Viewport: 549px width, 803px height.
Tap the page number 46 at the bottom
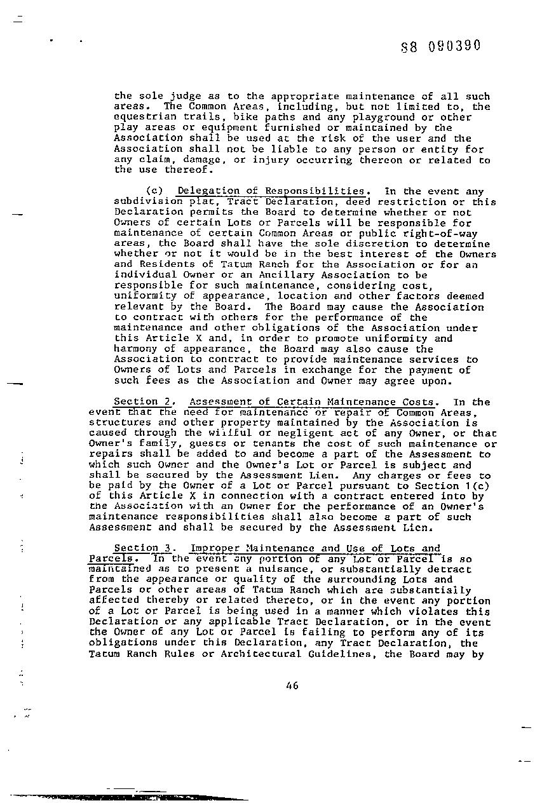click(292, 685)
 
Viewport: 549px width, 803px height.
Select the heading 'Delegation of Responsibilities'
click(270, 191)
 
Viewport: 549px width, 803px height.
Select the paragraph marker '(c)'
click(155, 191)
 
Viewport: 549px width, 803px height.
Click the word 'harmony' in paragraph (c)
click(135, 349)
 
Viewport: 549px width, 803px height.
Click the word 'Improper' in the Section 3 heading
click(215, 548)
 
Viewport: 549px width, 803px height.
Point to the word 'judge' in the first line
click(169, 97)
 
